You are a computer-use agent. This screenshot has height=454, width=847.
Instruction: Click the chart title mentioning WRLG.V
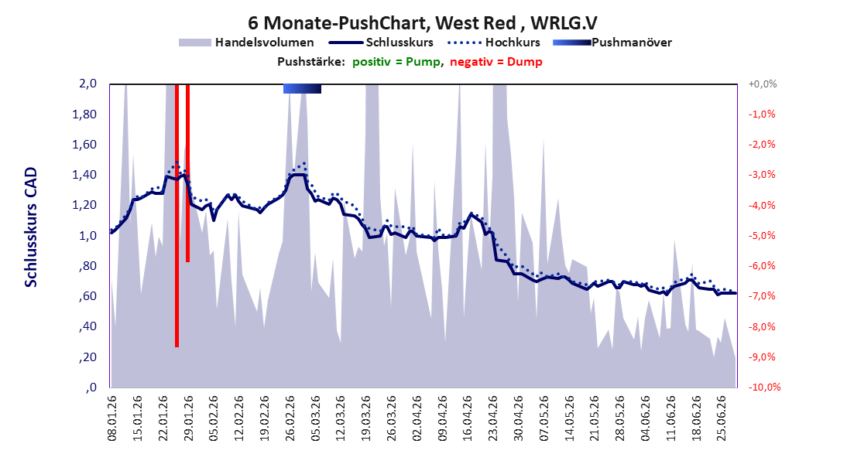click(x=423, y=23)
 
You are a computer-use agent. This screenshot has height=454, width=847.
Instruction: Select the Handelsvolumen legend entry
click(x=246, y=43)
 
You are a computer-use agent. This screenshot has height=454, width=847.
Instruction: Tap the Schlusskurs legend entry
click(x=381, y=43)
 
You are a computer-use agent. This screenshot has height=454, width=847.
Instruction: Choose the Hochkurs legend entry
click(x=494, y=43)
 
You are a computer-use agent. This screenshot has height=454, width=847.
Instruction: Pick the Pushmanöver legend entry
click(x=612, y=43)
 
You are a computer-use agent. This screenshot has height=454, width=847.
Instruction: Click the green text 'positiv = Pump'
click(x=396, y=62)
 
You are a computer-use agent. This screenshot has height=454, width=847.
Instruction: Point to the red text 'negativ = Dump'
click(x=496, y=62)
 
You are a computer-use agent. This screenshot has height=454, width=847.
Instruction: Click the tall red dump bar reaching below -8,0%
click(x=177, y=216)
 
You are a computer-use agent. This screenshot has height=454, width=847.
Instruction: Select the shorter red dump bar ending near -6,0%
click(x=188, y=173)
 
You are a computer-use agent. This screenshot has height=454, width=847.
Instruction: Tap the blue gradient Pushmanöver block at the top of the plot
click(x=303, y=89)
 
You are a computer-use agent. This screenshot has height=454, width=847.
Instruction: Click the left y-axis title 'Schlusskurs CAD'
click(x=31, y=227)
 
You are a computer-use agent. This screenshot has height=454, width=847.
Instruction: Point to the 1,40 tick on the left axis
click(x=85, y=175)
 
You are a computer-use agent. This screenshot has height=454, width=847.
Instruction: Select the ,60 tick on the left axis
click(x=87, y=296)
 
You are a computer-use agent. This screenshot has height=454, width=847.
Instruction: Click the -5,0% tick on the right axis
click(x=762, y=236)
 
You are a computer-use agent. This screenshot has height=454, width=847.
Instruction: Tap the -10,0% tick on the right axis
click(x=764, y=387)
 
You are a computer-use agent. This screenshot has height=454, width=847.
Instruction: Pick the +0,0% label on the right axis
click(x=763, y=84)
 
